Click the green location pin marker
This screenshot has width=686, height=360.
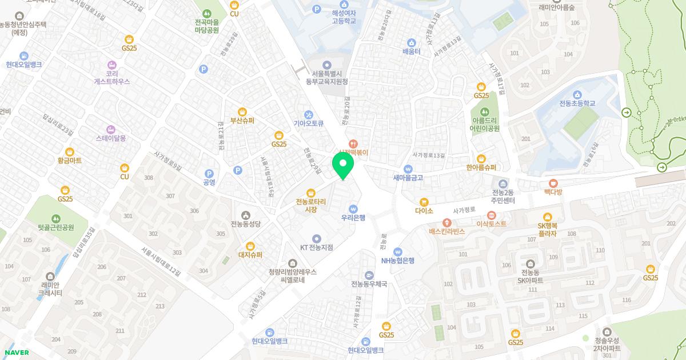point(343,167)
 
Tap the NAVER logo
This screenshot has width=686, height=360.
point(17,353)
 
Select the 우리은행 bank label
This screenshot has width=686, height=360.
point(353,217)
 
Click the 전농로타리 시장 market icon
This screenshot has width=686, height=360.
point(311,193)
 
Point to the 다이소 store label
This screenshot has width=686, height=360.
point(424,210)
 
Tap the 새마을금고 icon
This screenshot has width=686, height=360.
point(408,169)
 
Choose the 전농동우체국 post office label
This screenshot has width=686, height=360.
point(369,284)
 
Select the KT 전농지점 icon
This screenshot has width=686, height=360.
point(317,238)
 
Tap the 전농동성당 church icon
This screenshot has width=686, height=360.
point(246,215)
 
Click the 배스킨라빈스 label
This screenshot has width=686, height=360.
point(447,231)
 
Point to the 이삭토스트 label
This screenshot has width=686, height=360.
point(491,223)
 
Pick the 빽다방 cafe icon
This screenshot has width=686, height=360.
point(553,183)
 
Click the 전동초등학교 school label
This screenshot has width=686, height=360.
point(577,103)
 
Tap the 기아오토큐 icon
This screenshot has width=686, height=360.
point(309,114)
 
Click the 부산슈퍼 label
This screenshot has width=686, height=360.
point(242,121)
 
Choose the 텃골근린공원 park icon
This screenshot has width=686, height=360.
point(56,218)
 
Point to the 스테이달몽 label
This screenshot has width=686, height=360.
point(111,138)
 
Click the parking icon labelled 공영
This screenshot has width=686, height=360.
point(209,174)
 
